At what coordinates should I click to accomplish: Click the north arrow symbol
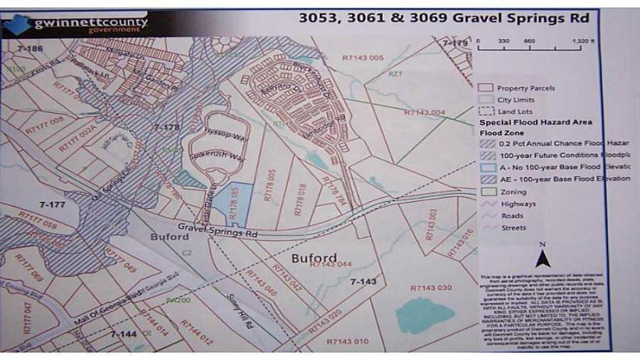pyautogui.click(x=541, y=256)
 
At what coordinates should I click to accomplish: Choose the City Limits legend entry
pyautogui.click(x=516, y=100)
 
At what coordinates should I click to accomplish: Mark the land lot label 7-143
pyautogui.click(x=363, y=282)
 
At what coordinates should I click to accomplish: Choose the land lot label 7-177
pyautogui.click(x=52, y=204)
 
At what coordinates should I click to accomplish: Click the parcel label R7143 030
pyautogui.click(x=431, y=287)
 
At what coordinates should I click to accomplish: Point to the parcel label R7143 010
pyautogui.click(x=348, y=342)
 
